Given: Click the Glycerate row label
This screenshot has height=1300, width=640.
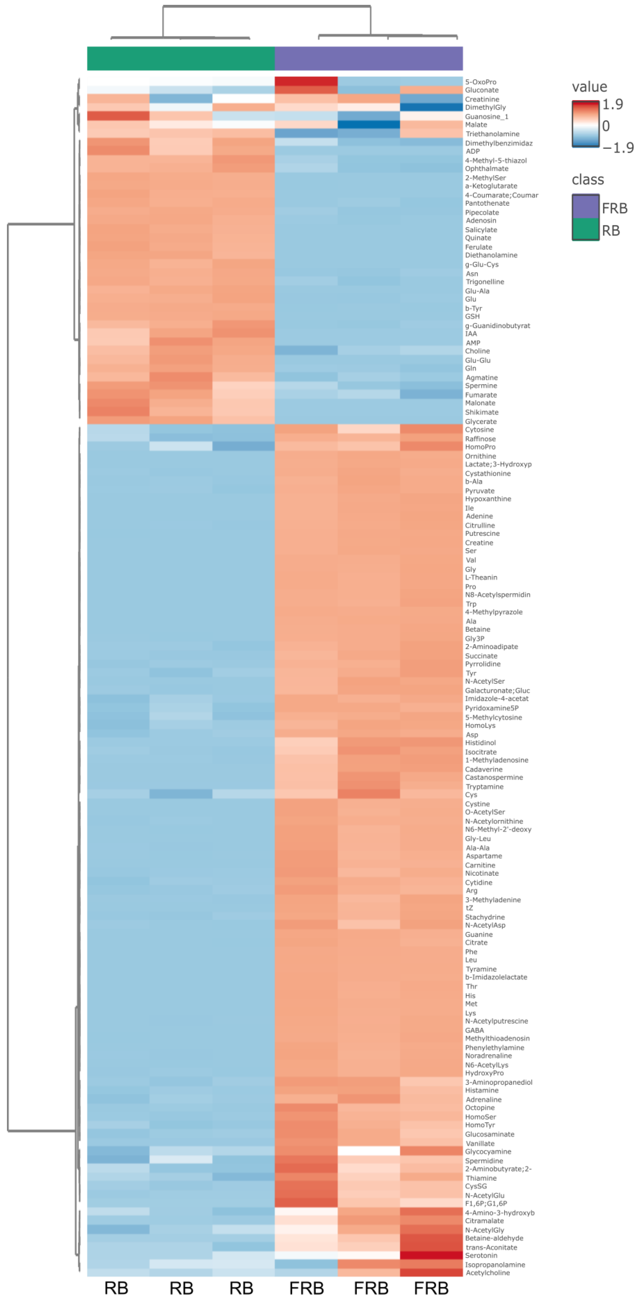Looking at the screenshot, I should coord(481,421).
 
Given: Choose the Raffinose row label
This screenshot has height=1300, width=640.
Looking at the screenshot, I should coord(480,439).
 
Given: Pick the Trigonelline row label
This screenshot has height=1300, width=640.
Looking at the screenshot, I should coord(484,282).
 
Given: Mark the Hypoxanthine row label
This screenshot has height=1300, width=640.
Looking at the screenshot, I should coord(487,499).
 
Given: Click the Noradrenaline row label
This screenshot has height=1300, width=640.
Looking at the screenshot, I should coord(488,1055).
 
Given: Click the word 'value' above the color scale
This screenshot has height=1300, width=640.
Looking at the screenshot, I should coord(589,87).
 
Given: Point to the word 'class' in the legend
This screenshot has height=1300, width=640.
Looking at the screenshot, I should coord(587,180).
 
